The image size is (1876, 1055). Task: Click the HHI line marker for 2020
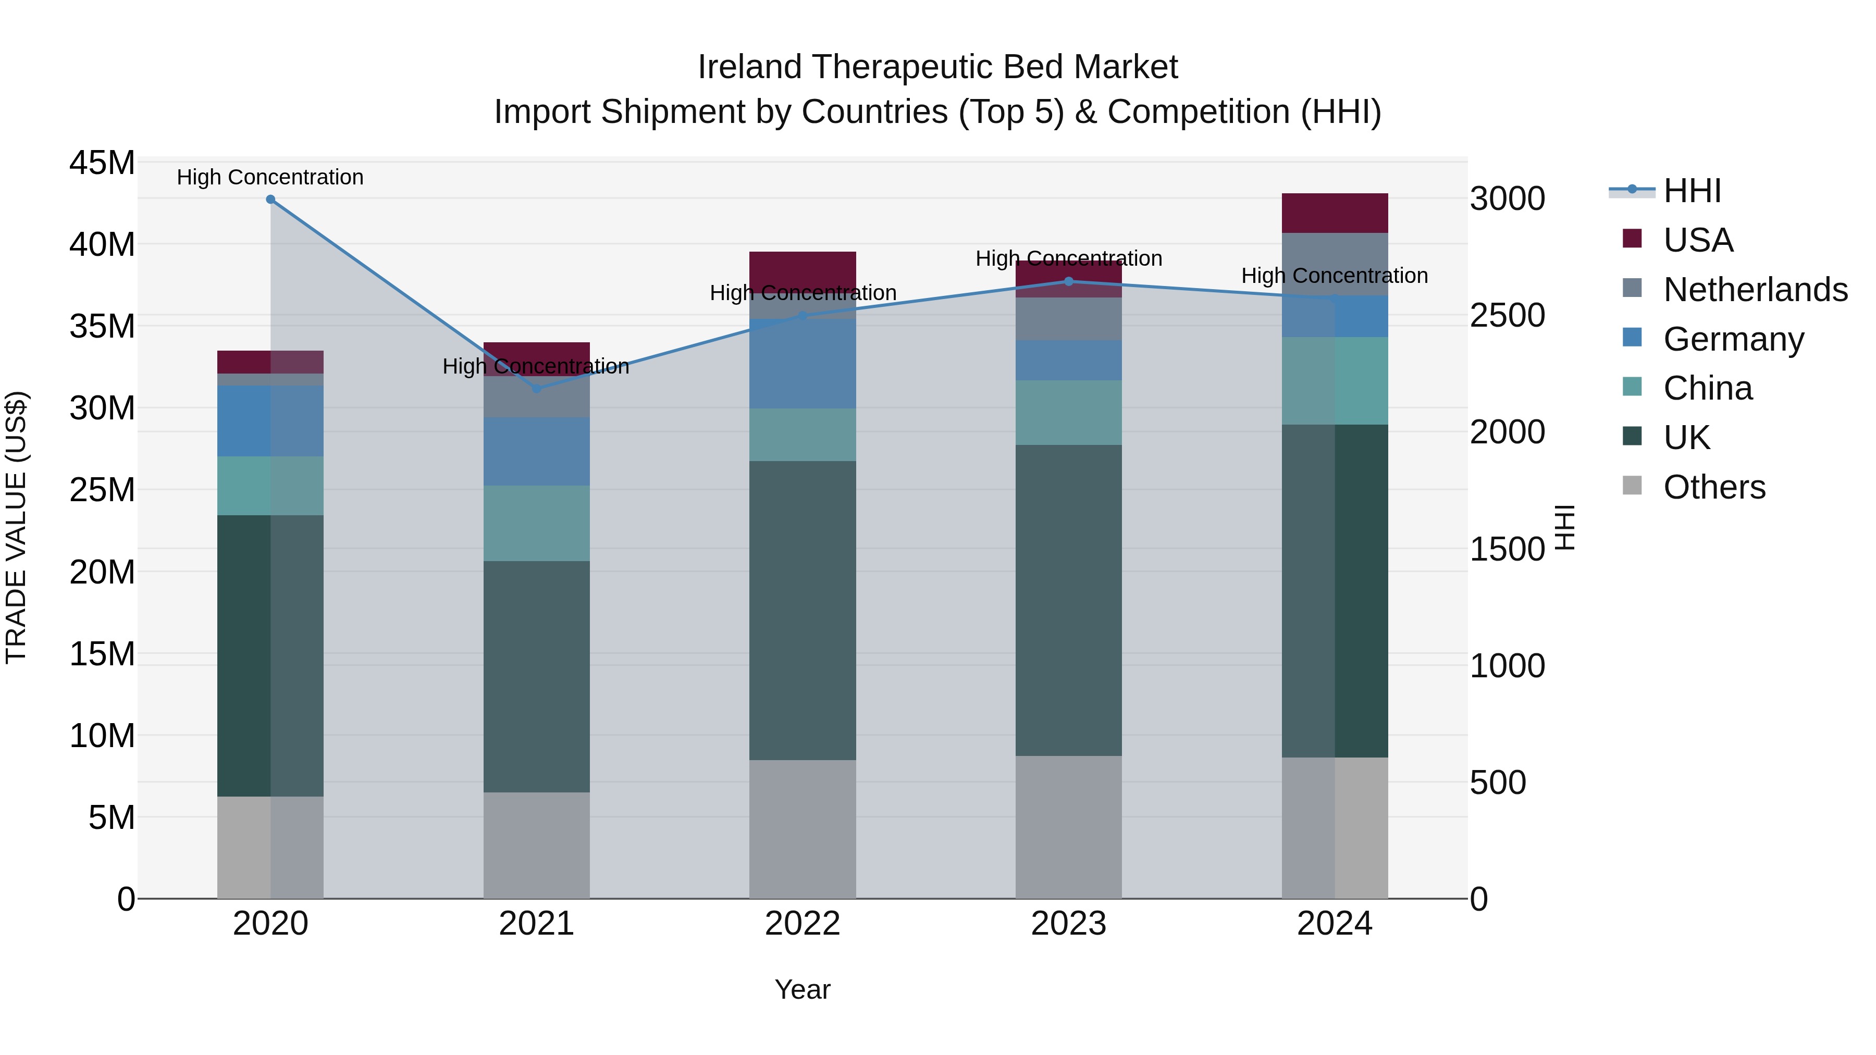tap(270, 199)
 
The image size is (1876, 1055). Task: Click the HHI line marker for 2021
tap(537, 388)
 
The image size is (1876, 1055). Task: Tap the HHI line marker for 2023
tap(1068, 281)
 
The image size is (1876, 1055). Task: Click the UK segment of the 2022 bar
tap(803, 610)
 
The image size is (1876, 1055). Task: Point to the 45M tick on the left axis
tap(102, 163)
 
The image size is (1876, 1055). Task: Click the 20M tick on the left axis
tap(102, 572)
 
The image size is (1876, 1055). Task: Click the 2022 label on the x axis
tap(803, 924)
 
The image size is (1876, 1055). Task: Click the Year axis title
tap(802, 989)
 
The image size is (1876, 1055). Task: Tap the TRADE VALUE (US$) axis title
tap(17, 527)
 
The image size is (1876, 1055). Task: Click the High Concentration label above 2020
tap(270, 177)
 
